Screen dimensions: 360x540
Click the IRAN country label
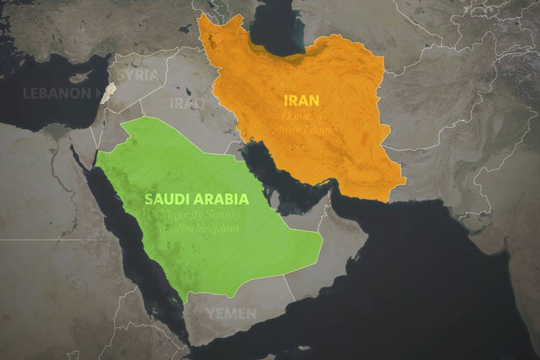(301, 101)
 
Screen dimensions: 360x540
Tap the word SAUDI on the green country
(166, 198)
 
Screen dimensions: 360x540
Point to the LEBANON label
(56, 92)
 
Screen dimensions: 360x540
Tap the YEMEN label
(231, 313)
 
